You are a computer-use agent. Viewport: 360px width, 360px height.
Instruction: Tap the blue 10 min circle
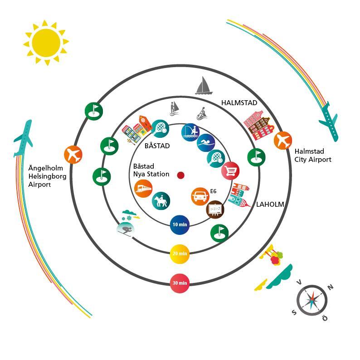pos(180,224)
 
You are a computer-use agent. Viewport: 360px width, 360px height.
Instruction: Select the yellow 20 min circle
pos(180,254)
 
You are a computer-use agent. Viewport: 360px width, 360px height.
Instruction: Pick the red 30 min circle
pos(180,283)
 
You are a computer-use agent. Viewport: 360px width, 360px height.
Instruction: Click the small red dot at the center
pos(180,175)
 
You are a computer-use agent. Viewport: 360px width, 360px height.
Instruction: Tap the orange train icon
pos(143,189)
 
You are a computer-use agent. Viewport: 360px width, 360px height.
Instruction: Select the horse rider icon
pos(161,201)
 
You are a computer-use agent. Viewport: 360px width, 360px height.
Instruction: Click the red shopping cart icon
pos(230,171)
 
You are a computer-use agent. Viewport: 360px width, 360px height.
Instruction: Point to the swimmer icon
pos(206,143)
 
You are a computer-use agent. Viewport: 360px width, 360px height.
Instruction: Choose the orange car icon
pos(199,196)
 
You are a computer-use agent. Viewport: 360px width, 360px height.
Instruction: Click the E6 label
pos(213,191)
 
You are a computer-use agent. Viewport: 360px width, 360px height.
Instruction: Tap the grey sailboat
pos(204,85)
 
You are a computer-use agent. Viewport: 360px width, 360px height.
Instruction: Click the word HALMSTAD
pos(239,103)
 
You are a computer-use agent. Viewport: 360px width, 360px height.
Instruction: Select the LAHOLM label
pos(270,204)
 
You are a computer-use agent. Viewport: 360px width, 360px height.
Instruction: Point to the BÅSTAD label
pos(157,146)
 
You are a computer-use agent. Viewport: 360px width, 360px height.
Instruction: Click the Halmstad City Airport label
pos(313,156)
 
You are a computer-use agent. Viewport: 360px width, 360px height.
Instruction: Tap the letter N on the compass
pos(331,287)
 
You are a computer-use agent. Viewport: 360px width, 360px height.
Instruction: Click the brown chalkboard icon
pos(214,209)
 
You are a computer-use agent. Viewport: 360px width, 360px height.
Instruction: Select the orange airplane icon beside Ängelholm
pos(73,155)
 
